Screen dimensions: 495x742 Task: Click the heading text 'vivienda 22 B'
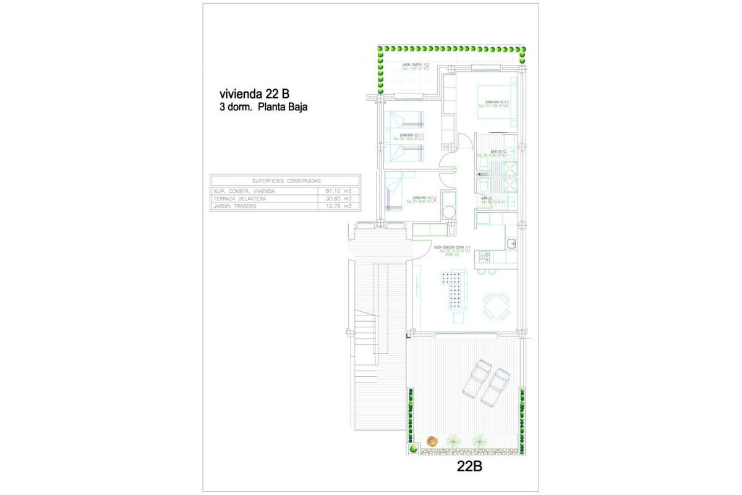255,94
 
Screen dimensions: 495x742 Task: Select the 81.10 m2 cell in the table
338,191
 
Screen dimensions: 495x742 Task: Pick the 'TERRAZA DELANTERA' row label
240,199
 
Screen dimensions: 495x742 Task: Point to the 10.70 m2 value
338,206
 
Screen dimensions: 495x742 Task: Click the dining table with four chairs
497,305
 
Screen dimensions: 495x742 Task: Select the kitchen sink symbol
511,244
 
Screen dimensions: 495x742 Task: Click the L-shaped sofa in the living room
454,291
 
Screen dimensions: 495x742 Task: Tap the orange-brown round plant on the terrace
432,441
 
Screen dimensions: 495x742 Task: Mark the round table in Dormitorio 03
450,212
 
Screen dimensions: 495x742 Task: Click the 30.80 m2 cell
338,199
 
